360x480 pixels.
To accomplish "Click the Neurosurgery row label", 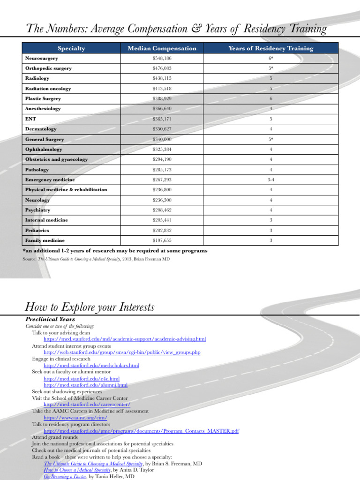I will pyautogui.click(x=42, y=58).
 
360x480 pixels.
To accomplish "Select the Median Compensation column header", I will pyautogui.click(x=162, y=48).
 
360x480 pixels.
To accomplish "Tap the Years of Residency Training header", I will pyautogui.click(x=270, y=48).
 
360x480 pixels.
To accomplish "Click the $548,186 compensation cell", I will pyautogui.click(x=162, y=58).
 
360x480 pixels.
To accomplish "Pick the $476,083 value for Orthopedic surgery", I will pyautogui.click(x=162, y=68).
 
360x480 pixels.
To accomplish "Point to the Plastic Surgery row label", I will pyautogui.click(x=43, y=99).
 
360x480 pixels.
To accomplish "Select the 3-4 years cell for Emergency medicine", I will pyautogui.click(x=270, y=180).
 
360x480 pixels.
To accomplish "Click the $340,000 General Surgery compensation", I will pyautogui.click(x=162, y=139).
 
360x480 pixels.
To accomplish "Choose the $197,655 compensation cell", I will pyautogui.click(x=162, y=240).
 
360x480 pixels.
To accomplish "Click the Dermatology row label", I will pyautogui.click(x=41, y=129).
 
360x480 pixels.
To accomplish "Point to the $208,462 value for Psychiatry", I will pyautogui.click(x=162, y=210).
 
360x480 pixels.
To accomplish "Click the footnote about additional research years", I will pyautogui.click(x=115, y=251).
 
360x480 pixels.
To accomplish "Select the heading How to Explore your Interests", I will pyautogui.click(x=89, y=307).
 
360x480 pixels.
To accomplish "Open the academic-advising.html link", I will pyautogui.click(x=125, y=339).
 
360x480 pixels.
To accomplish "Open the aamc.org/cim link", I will pyautogui.click(x=75, y=417).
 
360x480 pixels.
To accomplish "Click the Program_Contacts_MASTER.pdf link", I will pyautogui.click(x=141, y=430).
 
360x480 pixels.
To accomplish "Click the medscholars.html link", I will pyautogui.click(x=91, y=365).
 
